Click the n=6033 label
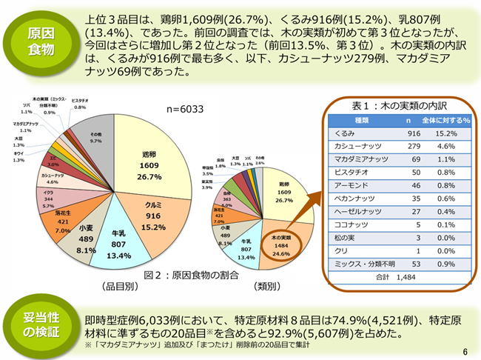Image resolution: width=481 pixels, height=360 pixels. point(185,109)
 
